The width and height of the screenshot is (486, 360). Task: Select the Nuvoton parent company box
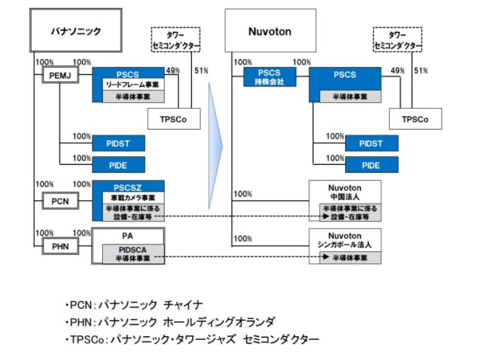[270, 30]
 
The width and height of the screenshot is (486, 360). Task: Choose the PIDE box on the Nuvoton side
[371, 165]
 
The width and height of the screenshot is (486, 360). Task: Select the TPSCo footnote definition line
[191, 339]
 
